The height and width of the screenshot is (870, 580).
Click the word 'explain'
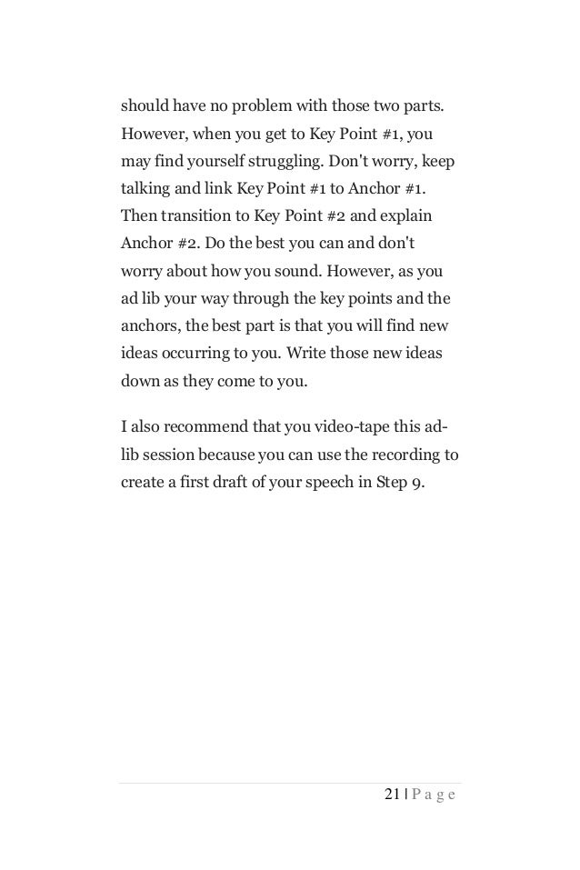tap(407, 219)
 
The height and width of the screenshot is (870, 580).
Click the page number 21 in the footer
tap(392, 795)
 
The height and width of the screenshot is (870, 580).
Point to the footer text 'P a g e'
tap(435, 795)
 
